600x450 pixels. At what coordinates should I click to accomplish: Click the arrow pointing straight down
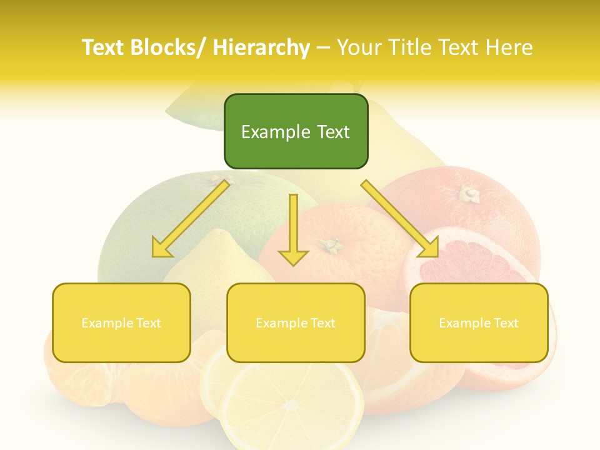pos(293,231)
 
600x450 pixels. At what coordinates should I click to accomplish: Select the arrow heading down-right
pos(400,219)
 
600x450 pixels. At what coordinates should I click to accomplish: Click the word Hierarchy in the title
pos(261,47)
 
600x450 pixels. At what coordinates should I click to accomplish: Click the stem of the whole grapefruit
pos(468,194)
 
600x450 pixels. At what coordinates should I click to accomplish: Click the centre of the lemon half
pos(291,405)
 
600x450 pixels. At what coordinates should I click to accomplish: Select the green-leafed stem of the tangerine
pos(330,245)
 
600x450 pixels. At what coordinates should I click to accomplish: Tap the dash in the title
pos(323,47)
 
